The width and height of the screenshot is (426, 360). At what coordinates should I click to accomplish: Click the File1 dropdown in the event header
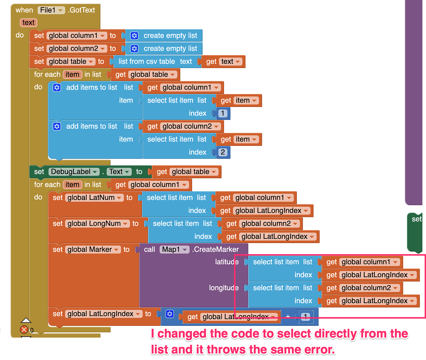click(51, 10)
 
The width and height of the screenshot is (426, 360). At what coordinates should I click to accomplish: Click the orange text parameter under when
click(28, 23)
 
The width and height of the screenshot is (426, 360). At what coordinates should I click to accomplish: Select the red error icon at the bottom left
click(24, 329)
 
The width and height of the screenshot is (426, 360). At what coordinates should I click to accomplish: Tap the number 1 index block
click(223, 113)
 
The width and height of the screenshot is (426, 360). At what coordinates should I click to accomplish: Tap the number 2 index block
click(223, 152)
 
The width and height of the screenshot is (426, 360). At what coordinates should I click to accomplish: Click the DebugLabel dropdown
click(74, 172)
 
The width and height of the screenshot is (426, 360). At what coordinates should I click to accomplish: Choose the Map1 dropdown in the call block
click(175, 249)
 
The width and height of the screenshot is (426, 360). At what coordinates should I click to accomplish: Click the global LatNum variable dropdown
click(94, 198)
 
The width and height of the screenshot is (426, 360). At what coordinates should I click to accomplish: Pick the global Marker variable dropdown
click(93, 249)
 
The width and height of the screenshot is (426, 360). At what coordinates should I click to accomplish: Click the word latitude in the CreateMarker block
click(227, 262)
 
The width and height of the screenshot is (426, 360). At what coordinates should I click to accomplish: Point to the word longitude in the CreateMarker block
click(224, 288)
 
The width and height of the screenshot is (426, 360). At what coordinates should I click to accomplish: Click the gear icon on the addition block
click(170, 314)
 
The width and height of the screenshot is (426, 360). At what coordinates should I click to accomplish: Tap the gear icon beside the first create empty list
click(134, 36)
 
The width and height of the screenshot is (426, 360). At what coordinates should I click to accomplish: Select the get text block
click(223, 62)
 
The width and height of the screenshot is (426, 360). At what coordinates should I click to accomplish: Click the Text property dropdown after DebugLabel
click(119, 172)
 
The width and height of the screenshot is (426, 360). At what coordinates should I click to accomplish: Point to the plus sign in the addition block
click(288, 317)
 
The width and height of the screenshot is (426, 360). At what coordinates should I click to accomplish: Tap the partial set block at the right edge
click(417, 219)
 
